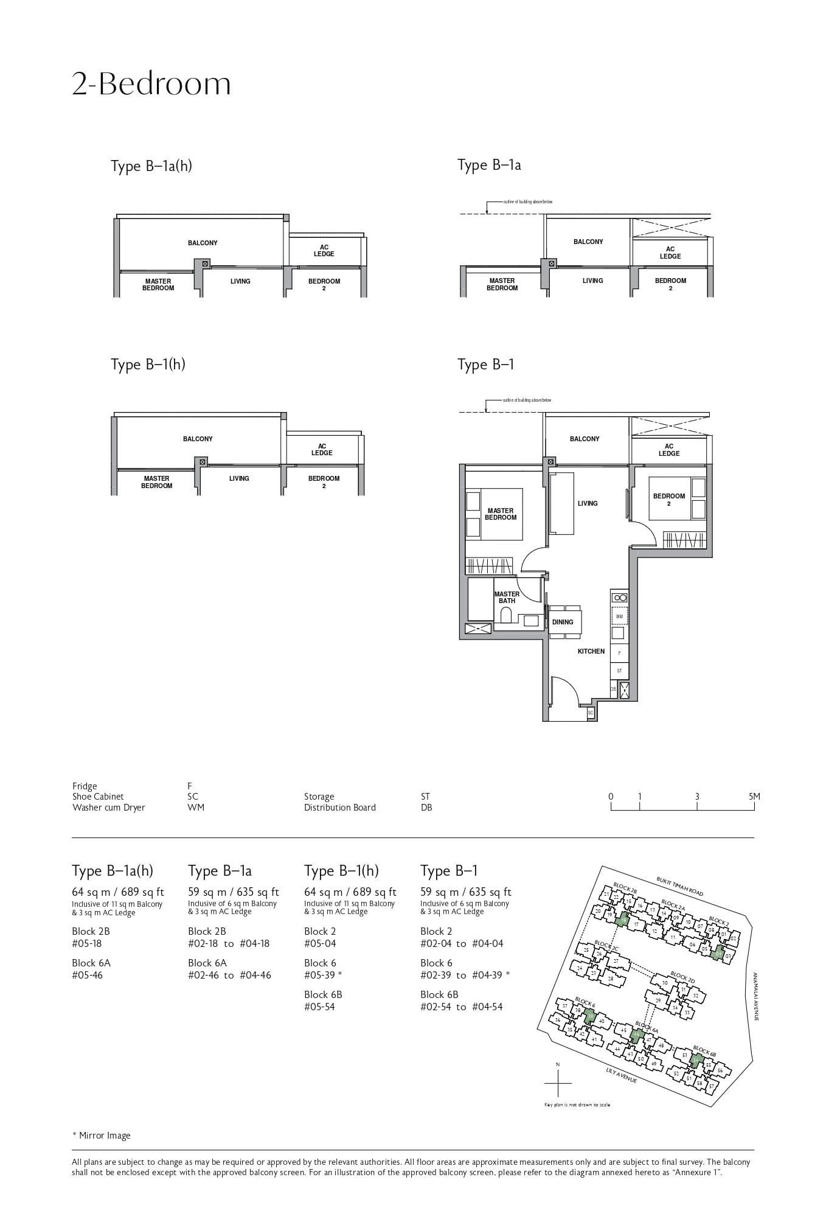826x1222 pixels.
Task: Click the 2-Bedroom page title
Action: pyautogui.click(x=151, y=85)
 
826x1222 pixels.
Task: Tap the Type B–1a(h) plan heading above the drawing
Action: pyautogui.click(x=151, y=166)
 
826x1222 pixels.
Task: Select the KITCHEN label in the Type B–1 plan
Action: pyautogui.click(x=591, y=651)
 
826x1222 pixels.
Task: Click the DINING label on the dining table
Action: pyautogui.click(x=563, y=622)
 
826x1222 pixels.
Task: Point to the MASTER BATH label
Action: pyautogui.click(x=507, y=597)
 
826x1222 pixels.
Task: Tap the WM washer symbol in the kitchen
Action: pyautogui.click(x=619, y=616)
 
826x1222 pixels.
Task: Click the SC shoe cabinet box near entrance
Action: pyautogui.click(x=590, y=712)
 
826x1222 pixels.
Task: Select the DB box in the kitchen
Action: pyautogui.click(x=613, y=689)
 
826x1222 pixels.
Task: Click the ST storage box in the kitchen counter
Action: pyautogui.click(x=619, y=671)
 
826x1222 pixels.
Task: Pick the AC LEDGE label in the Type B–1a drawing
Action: pyautogui.click(x=670, y=253)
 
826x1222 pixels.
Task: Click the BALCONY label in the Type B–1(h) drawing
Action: pyautogui.click(x=198, y=439)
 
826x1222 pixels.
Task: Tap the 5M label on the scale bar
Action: pyautogui.click(x=754, y=797)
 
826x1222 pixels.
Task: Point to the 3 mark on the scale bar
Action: pyautogui.click(x=697, y=797)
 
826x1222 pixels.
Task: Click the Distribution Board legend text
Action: pyautogui.click(x=339, y=808)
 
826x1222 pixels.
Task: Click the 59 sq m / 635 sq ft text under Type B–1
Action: pyautogui.click(x=465, y=892)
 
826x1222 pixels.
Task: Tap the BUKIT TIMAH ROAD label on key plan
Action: pyautogui.click(x=679, y=886)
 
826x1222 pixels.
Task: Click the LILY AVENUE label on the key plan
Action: pyautogui.click(x=621, y=1075)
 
